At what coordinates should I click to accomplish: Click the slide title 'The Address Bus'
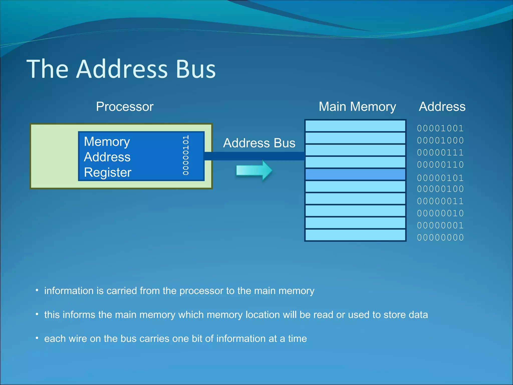pyautogui.click(x=121, y=69)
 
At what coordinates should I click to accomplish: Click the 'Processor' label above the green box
pyautogui.click(x=124, y=107)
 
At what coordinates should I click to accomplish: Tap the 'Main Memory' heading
pyautogui.click(x=357, y=107)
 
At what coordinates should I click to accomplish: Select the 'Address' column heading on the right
pyautogui.click(x=442, y=107)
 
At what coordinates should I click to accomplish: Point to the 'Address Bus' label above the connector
pyautogui.click(x=259, y=143)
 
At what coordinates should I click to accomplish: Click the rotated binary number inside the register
pyautogui.click(x=186, y=155)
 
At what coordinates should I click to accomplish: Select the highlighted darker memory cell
pyautogui.click(x=355, y=174)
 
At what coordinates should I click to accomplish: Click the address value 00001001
pyautogui.click(x=440, y=128)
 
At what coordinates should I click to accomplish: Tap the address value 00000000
pyautogui.click(x=440, y=238)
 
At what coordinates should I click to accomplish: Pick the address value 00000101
pyautogui.click(x=440, y=178)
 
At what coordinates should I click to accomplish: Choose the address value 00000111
pyautogui.click(x=440, y=152)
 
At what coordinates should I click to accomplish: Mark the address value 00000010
pyautogui.click(x=440, y=213)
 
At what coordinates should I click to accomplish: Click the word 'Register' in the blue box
pyautogui.click(x=107, y=172)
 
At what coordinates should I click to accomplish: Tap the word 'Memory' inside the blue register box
pyautogui.click(x=107, y=142)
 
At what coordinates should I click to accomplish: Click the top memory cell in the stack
pyautogui.click(x=355, y=126)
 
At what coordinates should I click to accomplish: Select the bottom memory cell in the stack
pyautogui.click(x=355, y=235)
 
